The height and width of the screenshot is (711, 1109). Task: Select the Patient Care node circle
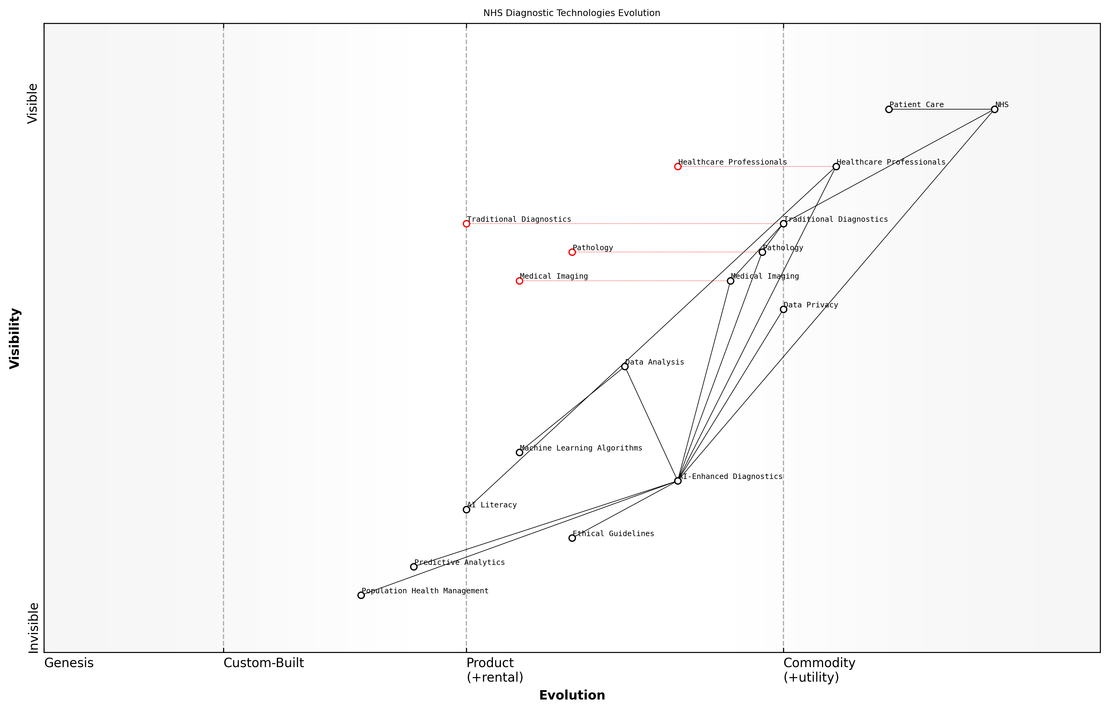(x=889, y=110)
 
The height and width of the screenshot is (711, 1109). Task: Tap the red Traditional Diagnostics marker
(x=466, y=224)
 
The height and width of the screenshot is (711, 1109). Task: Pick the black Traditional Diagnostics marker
(x=783, y=224)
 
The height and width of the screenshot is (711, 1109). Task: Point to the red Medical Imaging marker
(x=519, y=281)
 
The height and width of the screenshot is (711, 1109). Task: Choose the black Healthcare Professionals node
(x=836, y=167)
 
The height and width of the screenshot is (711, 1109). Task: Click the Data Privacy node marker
(x=783, y=309)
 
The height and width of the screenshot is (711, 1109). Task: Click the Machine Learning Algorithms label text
(x=581, y=448)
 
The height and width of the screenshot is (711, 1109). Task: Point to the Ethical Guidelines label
(x=613, y=534)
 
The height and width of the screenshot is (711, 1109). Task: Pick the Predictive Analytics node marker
(x=414, y=566)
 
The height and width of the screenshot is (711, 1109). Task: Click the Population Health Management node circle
(x=361, y=595)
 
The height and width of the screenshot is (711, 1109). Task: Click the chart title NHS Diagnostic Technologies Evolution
(x=571, y=13)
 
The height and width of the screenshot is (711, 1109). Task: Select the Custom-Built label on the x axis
(x=263, y=663)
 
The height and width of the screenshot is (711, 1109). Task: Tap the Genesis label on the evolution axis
(x=69, y=663)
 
